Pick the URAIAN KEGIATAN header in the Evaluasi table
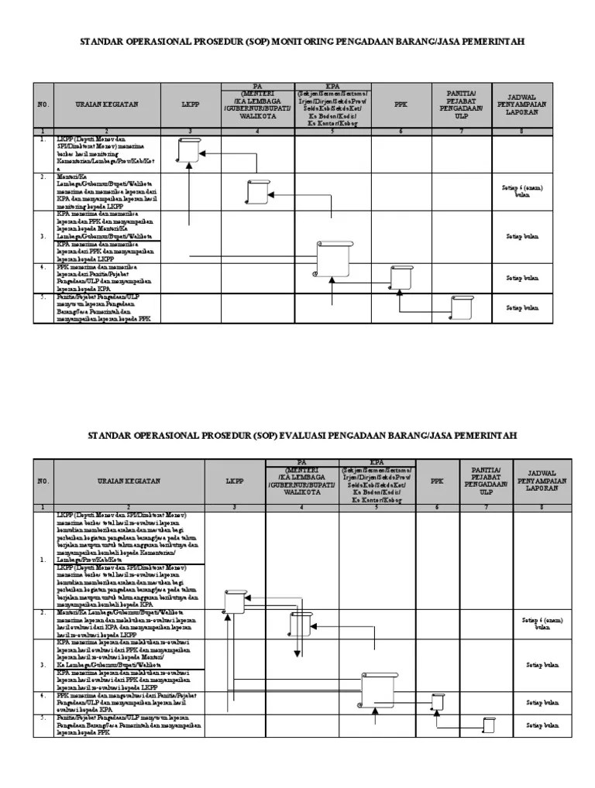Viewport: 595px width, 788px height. coord(118,481)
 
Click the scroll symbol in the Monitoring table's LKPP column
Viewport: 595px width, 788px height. coord(189,149)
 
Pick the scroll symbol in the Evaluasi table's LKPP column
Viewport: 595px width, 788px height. coord(234,600)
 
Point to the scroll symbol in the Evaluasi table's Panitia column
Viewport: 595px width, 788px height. coord(488,725)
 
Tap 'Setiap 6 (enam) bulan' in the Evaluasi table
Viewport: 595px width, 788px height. coord(542,623)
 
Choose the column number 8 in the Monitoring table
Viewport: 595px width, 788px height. coord(521,132)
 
